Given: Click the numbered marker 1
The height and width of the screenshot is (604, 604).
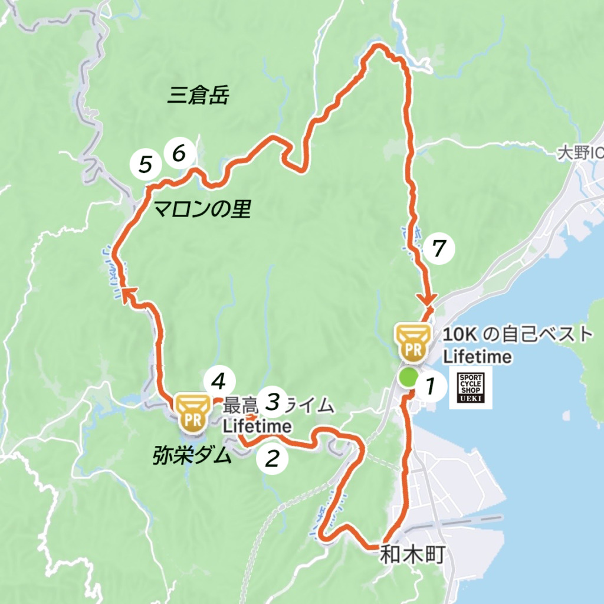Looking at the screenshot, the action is coord(430,386).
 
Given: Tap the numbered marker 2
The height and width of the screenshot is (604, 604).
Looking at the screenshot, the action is coord(272,457).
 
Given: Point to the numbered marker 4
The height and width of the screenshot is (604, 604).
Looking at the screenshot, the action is coord(219,382).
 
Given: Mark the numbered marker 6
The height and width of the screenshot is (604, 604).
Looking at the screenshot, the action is coord(179,153).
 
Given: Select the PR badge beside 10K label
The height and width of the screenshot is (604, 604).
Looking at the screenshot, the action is coord(412,343).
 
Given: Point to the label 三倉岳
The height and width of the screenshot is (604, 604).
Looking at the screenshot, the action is coord(198,95).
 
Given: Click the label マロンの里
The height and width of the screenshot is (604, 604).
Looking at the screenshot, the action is coord(202,208).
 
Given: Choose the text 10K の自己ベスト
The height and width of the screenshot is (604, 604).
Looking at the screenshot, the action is coord(517,334).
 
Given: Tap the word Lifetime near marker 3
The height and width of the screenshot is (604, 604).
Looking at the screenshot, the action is coord(257,425).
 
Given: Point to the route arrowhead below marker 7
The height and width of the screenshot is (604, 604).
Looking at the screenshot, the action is coord(429,300).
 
